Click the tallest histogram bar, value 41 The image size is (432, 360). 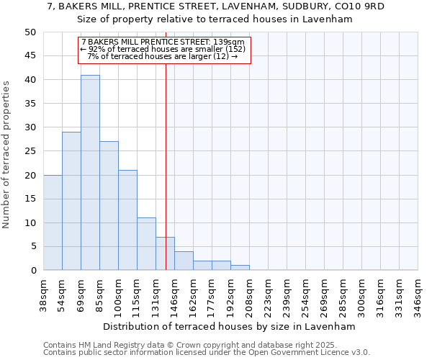click(90, 173)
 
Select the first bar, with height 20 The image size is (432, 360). click(53, 222)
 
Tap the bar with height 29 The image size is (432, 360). click(71, 201)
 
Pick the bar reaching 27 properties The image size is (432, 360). click(109, 206)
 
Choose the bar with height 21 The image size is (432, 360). click(127, 220)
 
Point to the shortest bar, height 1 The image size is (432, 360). click(240, 268)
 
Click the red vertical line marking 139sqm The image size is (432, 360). click(166, 144)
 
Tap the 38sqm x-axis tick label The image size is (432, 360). click(43, 294)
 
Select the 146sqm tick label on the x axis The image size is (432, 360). click(174, 294)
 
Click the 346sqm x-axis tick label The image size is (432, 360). click(418, 294)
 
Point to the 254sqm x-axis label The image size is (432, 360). click(305, 294)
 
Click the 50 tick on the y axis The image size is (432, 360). click(30, 32)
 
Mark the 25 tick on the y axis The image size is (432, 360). click(30, 151)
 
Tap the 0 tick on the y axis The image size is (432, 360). click(32, 271)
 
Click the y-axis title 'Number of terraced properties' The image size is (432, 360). click(7, 154)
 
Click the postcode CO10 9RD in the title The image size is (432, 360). click(362, 6)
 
